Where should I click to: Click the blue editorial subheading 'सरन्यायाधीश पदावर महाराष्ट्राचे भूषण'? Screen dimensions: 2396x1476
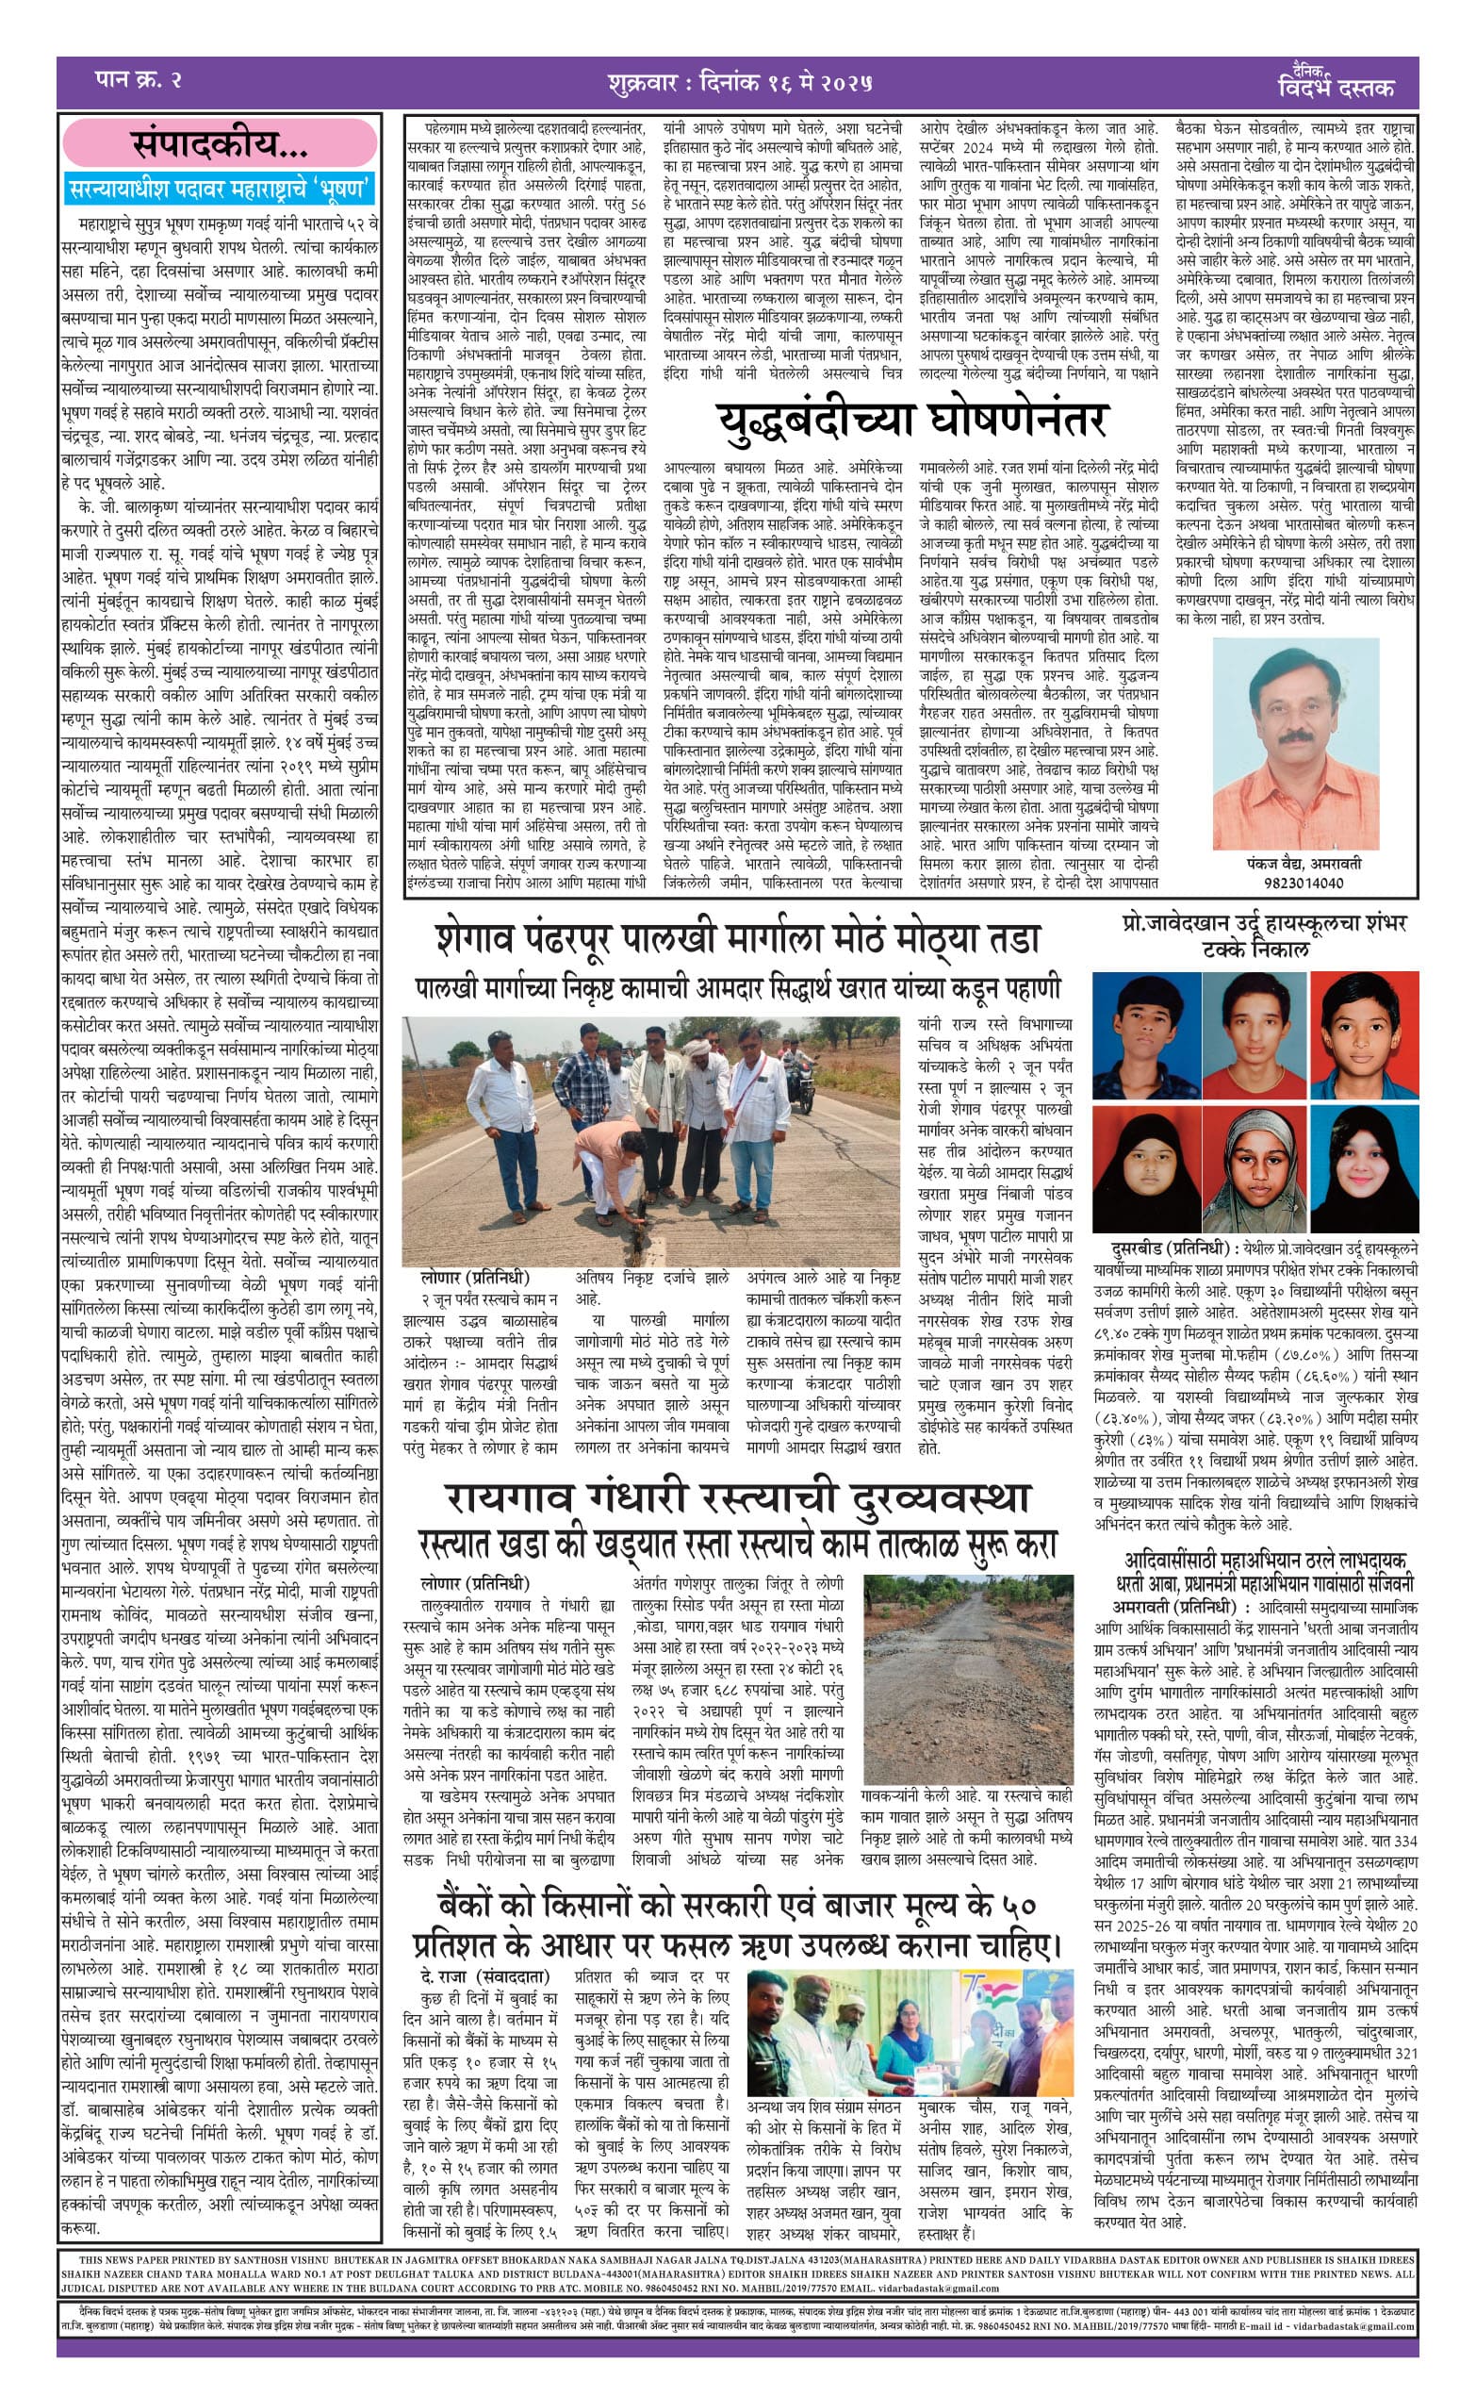[x=221, y=188]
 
